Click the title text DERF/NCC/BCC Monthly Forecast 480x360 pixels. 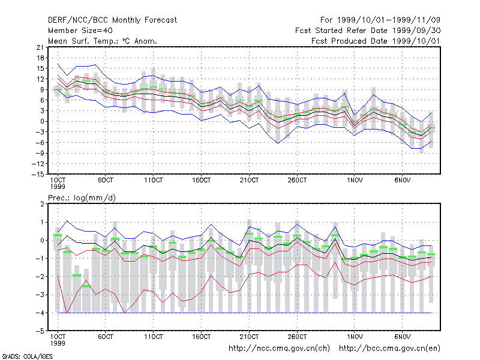[x=112, y=20]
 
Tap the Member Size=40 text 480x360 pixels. [x=80, y=31]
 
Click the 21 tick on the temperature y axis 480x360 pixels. [x=40, y=47]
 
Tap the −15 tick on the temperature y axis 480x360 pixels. [x=38, y=174]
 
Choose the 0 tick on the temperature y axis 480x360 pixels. [x=42, y=121]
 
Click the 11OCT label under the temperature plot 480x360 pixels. [x=154, y=180]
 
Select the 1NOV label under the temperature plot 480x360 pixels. [x=355, y=180]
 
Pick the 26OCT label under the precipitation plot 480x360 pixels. [x=297, y=337]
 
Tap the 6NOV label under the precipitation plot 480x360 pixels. [x=402, y=337]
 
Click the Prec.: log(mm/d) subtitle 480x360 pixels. [x=82, y=198]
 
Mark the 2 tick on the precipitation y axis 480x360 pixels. [x=42, y=204]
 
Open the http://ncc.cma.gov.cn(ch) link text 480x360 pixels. [x=279, y=349]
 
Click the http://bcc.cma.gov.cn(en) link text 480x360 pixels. [x=389, y=349]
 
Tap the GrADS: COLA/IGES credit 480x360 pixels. [x=28, y=356]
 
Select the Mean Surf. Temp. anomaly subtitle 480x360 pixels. [x=103, y=41]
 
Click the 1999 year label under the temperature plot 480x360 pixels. [x=58, y=187]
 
